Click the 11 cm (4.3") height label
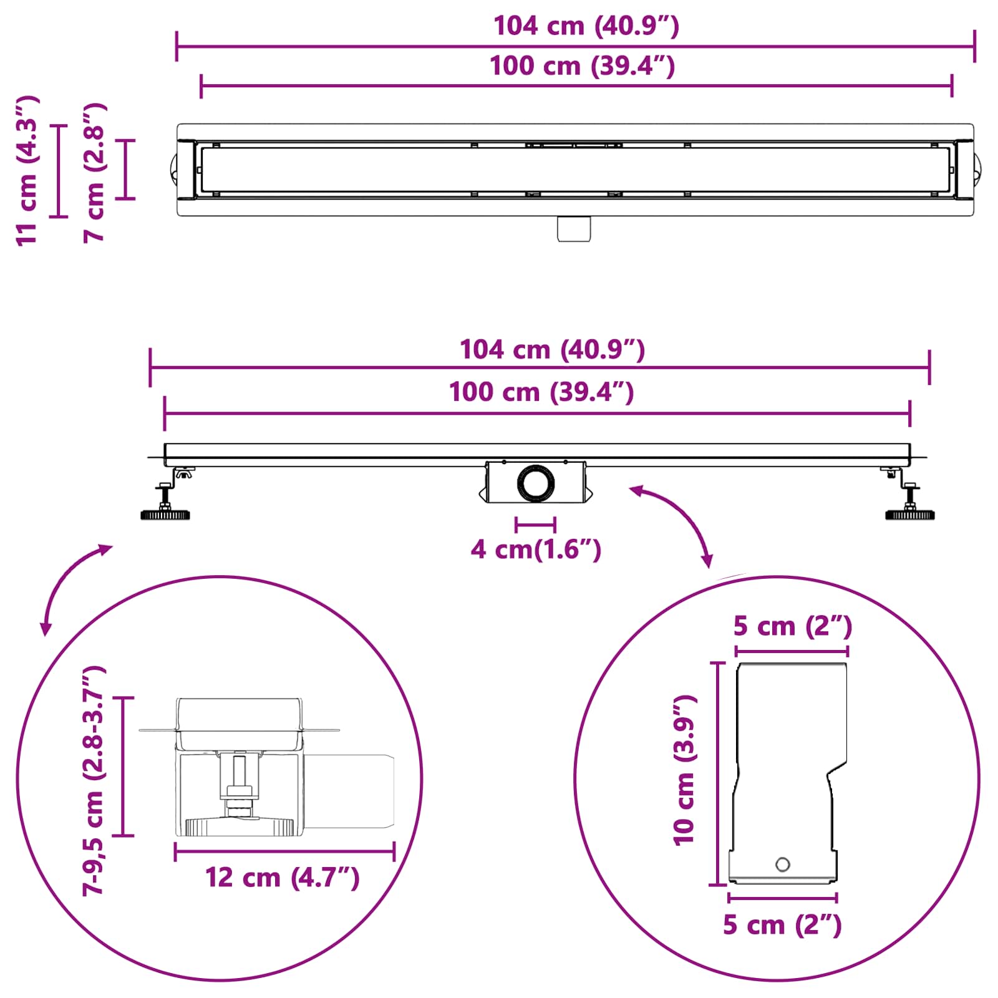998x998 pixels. point(28,171)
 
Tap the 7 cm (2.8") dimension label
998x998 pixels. point(95,173)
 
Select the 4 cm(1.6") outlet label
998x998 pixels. point(536,550)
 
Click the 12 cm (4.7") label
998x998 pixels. point(283,878)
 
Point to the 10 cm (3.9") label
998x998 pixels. point(685,770)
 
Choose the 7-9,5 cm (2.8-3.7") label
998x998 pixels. point(95,780)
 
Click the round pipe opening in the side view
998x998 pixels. point(535,482)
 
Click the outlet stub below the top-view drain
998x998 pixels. point(574,228)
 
